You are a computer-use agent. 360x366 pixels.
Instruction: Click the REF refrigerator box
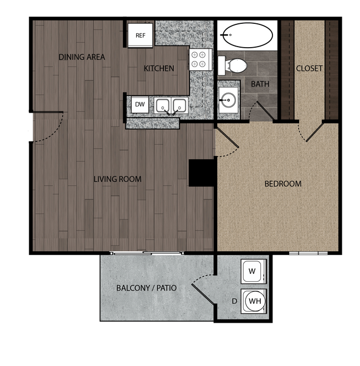click(141, 35)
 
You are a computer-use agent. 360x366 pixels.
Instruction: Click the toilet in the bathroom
click(235, 66)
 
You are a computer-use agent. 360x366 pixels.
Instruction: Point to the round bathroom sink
click(227, 101)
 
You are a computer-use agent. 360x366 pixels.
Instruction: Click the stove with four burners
click(199, 60)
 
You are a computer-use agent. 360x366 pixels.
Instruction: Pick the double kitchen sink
click(171, 105)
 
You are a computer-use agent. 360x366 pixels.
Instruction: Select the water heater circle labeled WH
click(254, 301)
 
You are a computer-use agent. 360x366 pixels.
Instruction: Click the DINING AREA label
click(82, 57)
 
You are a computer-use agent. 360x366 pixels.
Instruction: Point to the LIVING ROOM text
click(117, 179)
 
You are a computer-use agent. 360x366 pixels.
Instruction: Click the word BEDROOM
click(282, 184)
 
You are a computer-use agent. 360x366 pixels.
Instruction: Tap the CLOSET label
click(309, 69)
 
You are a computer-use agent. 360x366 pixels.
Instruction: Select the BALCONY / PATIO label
click(147, 288)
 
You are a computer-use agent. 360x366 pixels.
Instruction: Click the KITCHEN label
click(159, 69)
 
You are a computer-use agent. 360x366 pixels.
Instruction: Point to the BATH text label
click(260, 84)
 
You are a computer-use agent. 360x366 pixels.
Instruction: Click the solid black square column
click(202, 172)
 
